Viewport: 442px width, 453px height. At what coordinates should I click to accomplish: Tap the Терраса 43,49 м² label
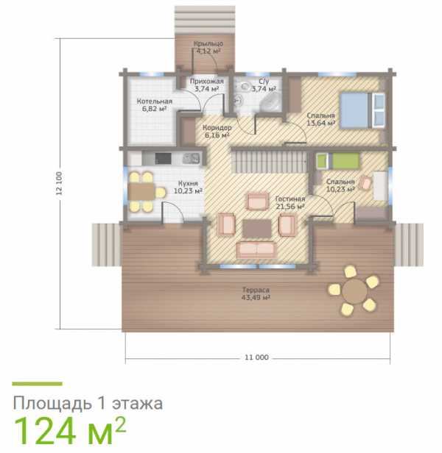[x=256, y=293]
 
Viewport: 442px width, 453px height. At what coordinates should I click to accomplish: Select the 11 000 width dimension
[x=257, y=357]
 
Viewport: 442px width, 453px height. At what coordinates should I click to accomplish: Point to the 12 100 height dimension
[x=59, y=183]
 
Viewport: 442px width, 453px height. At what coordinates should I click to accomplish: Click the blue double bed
[x=362, y=110]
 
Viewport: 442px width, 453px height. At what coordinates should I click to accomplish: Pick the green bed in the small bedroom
[x=338, y=160]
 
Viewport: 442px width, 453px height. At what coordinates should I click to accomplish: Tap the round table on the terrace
[x=354, y=291]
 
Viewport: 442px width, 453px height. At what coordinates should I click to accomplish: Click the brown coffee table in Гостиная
[x=257, y=228]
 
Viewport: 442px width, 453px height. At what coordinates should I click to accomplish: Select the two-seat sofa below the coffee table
[x=256, y=250]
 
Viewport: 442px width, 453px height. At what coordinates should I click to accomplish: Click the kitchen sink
[x=191, y=158]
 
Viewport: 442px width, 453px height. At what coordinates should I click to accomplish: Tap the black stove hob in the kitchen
[x=163, y=158]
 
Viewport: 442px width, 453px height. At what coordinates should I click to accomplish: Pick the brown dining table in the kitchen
[x=141, y=191]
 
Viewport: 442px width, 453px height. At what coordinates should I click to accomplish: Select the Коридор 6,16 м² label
[x=217, y=131]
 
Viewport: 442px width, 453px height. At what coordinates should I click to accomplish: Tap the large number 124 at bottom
[x=45, y=432]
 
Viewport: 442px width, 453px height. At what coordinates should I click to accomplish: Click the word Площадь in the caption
[x=52, y=403]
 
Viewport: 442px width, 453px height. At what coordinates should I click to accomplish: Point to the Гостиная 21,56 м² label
[x=290, y=202]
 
